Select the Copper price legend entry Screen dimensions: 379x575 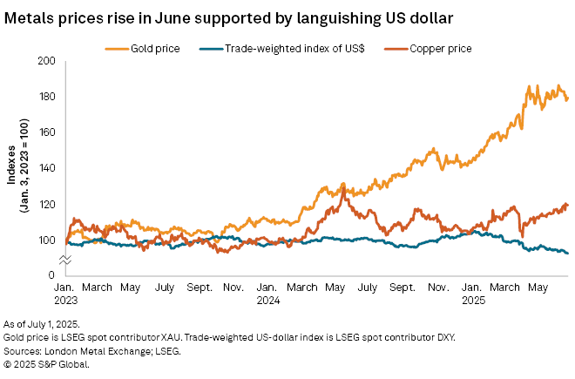click(x=440, y=49)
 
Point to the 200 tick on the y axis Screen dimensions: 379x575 click(x=46, y=61)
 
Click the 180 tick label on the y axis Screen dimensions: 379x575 click(x=46, y=97)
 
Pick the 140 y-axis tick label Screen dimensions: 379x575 click(x=46, y=168)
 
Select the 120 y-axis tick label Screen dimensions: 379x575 click(x=46, y=204)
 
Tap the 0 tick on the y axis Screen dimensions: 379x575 click(x=51, y=275)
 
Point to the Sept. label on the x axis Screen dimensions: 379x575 click(x=200, y=287)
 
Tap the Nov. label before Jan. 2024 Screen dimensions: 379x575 click(x=234, y=287)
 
